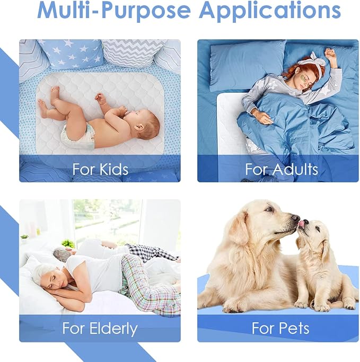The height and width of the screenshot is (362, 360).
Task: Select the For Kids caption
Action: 100,169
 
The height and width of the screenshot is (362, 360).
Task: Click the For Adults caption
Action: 281,169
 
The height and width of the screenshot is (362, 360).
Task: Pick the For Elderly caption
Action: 99,328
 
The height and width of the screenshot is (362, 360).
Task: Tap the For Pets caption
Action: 280,328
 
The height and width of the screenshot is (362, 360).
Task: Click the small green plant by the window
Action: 68,244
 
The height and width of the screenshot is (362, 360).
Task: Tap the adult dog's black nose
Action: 295,218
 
